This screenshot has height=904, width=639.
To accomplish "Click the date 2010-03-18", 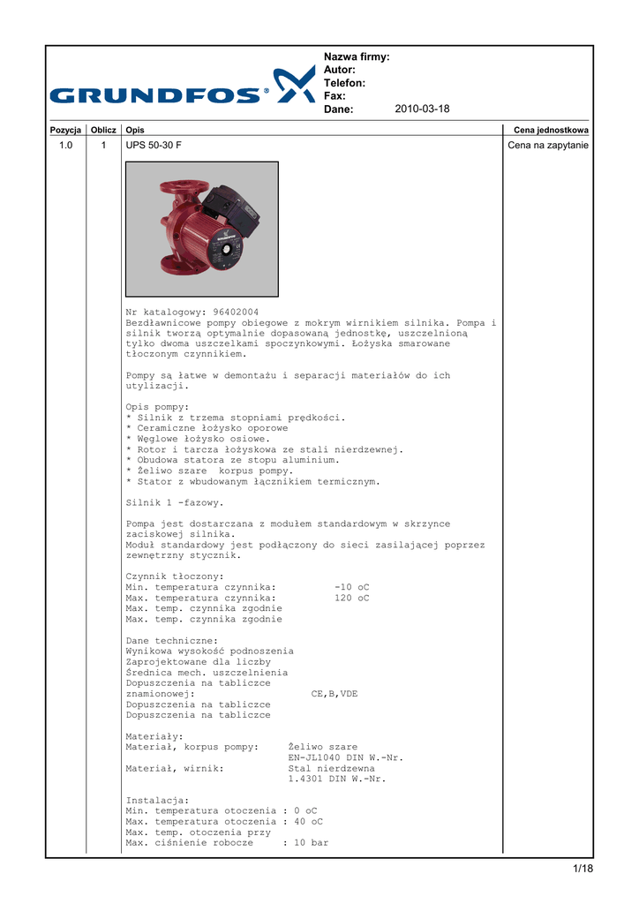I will (x=422, y=109).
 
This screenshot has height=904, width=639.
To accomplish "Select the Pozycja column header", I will (x=65, y=130).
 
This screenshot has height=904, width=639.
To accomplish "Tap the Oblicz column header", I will (x=102, y=130).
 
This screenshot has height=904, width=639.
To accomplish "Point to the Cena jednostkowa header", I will (x=551, y=130).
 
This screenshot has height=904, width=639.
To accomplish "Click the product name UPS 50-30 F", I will (x=154, y=145).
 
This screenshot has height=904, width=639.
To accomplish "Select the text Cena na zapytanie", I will (x=548, y=145).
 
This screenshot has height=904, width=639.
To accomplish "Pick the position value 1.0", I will (x=65, y=145).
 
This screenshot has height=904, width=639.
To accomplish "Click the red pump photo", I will (x=201, y=229).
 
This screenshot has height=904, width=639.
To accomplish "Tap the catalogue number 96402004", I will (x=236, y=313).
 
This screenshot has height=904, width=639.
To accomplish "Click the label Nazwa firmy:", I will (x=357, y=57).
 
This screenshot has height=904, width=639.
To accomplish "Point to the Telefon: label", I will (x=345, y=83).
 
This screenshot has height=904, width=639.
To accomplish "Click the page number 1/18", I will (x=583, y=870).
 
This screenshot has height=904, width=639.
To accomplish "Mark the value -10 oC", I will (x=352, y=587).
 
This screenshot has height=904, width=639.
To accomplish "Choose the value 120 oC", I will (x=352, y=598).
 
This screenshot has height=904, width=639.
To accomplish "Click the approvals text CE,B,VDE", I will (x=335, y=694).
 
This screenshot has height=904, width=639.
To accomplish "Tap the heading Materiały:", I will (x=154, y=735).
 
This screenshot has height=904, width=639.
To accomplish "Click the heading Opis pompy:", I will (x=157, y=407).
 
